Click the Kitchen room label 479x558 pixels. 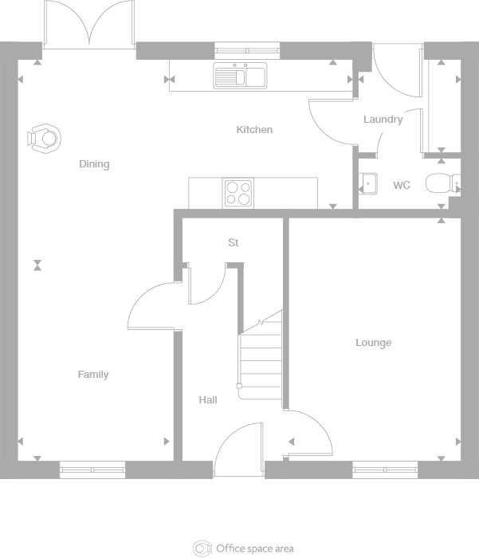(254, 130)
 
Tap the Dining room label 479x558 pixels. (94, 165)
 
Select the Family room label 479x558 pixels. (93, 375)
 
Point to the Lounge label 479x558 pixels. (373, 343)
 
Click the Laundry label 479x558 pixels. (383, 120)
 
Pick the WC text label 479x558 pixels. (402, 186)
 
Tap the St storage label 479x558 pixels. (233, 243)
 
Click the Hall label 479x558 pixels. (208, 400)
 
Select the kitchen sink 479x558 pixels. (240, 77)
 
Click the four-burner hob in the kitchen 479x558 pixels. (238, 194)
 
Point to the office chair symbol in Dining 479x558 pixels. (44, 139)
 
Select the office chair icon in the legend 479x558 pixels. (202, 548)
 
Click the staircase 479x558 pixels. (261, 359)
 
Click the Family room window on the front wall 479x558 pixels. (92, 470)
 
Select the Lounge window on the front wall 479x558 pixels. (385, 470)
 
